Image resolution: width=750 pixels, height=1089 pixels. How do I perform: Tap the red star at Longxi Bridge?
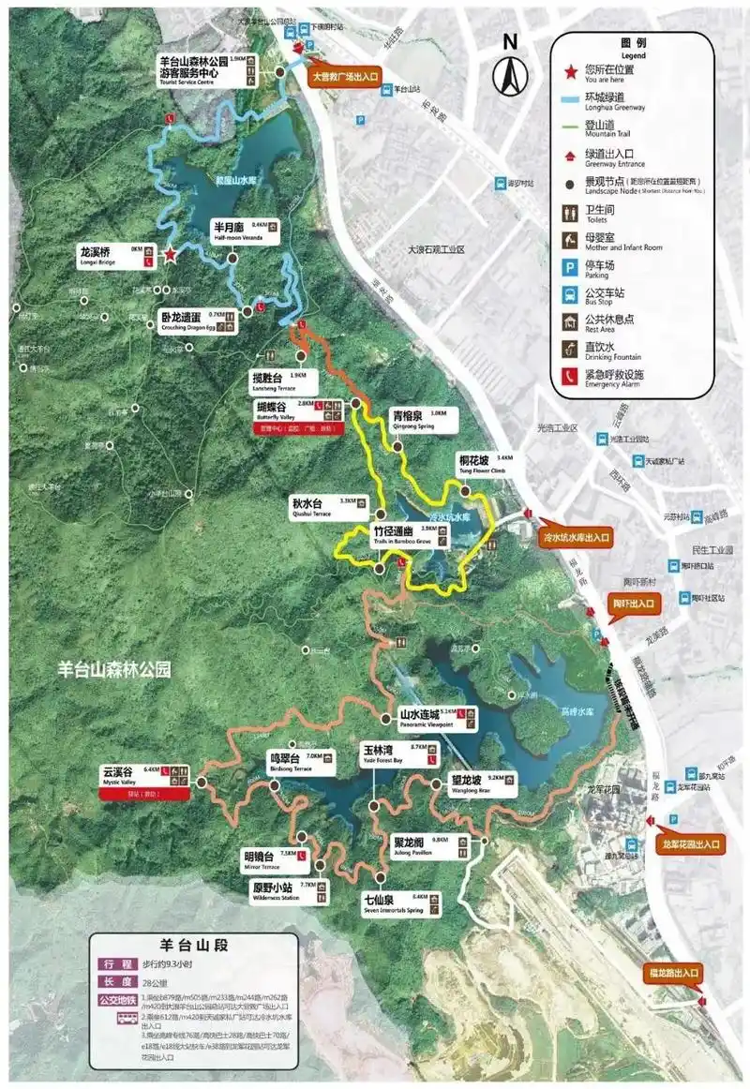point(170,254)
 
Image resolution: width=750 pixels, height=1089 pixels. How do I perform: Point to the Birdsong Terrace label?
point(290,762)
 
